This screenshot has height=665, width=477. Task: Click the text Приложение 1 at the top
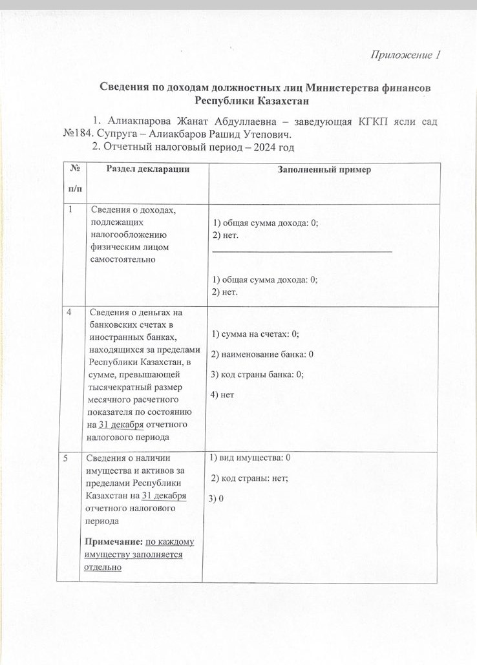tap(405, 55)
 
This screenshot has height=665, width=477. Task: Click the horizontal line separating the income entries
tap(302, 251)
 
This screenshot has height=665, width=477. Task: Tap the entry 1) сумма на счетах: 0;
tap(255, 334)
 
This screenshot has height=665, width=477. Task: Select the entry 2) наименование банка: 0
tap(262, 354)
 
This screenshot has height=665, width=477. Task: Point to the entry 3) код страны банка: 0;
tap(258, 374)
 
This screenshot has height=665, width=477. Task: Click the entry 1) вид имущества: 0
tap(250, 458)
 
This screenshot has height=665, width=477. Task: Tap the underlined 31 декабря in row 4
tap(121, 425)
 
